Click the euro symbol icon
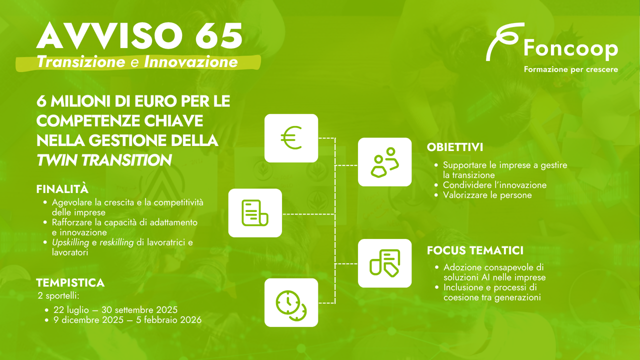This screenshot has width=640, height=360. [x=291, y=138]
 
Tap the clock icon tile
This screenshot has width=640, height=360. [x=291, y=302]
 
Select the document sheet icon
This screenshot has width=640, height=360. [x=255, y=213]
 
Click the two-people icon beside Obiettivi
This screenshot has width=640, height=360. [x=384, y=162]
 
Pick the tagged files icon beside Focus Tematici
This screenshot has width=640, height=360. [x=384, y=263]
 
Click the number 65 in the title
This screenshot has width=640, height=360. [x=219, y=35]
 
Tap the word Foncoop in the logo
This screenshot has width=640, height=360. [x=571, y=49]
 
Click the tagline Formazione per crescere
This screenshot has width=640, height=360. [x=571, y=69]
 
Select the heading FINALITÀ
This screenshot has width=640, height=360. [x=62, y=188]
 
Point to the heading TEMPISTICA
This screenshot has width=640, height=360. [x=70, y=283]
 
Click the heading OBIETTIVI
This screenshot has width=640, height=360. [x=455, y=147]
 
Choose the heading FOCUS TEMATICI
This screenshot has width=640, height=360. [x=475, y=250]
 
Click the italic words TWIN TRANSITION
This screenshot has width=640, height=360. [x=104, y=160]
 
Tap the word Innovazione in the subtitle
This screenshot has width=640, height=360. [x=191, y=62]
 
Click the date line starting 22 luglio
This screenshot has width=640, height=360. [x=115, y=310]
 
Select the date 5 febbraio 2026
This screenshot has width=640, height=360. [x=169, y=319]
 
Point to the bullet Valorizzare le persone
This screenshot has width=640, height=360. [x=487, y=195]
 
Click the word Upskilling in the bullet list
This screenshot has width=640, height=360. [x=70, y=242]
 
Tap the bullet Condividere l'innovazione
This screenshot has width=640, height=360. [x=494, y=185]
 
